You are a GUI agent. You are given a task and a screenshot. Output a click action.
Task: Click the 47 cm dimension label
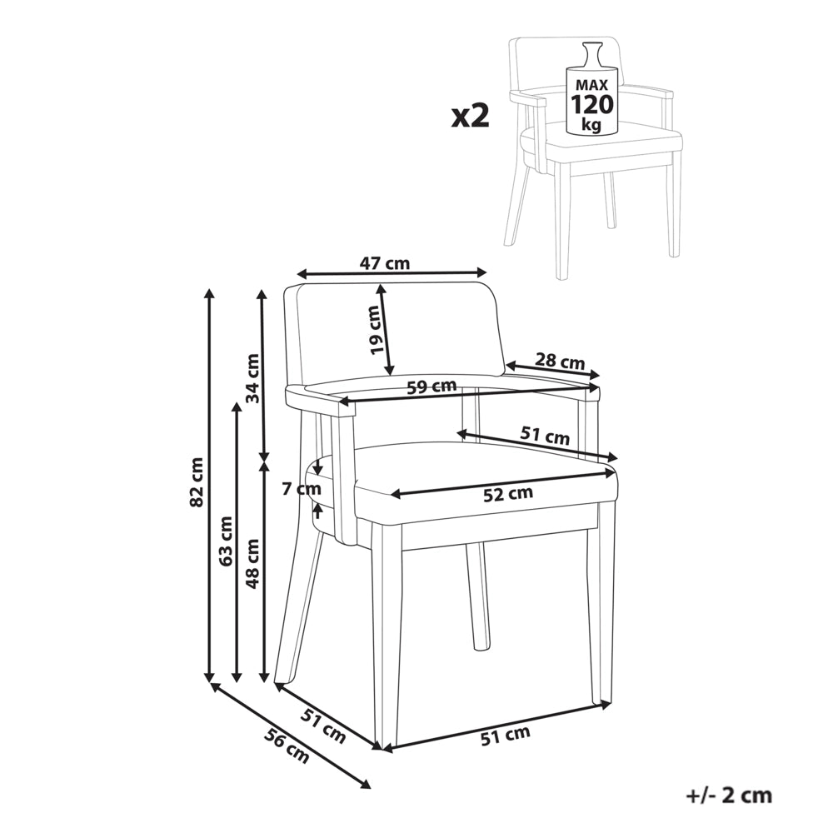coord(385,263)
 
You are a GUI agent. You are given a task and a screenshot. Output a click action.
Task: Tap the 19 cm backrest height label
coord(376,329)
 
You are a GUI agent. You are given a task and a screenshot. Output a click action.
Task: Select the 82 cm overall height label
coord(197,481)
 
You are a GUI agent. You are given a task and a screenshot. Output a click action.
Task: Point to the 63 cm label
coord(226,541)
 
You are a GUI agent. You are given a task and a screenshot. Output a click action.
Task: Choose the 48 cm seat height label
coord(253,564)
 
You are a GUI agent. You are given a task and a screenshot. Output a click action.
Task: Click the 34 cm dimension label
coord(253,378)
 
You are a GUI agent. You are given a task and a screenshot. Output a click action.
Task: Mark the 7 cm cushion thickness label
coord(302,489)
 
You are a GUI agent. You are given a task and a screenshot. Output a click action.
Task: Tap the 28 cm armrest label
coord(560,362)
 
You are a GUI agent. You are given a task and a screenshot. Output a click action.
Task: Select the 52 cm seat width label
coord(508,494)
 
